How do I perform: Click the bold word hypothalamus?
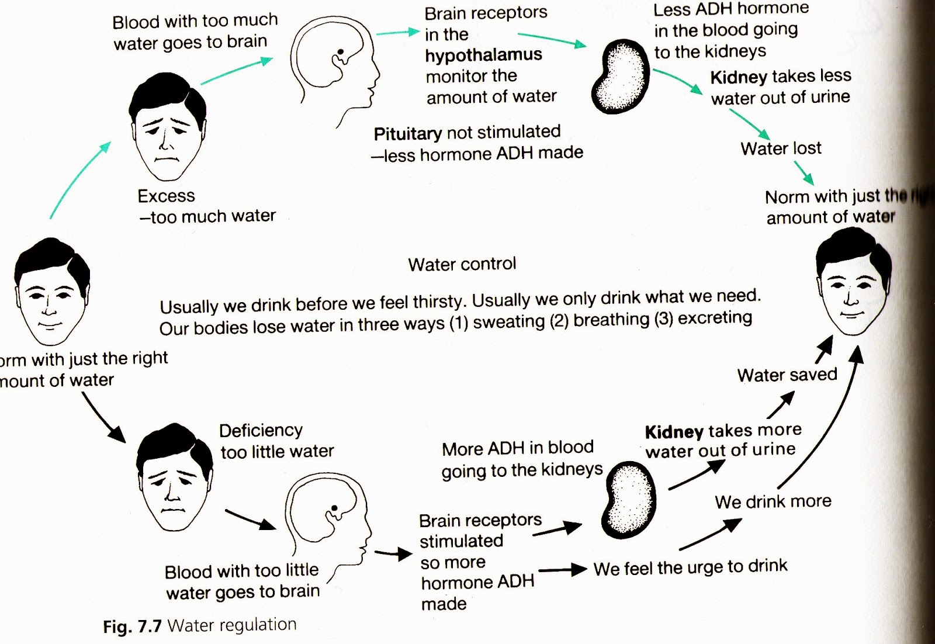click(483, 55)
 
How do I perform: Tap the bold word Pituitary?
click(407, 134)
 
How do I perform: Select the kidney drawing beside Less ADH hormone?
click(621, 76)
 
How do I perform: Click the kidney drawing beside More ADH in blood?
click(629, 500)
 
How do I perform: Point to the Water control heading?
click(462, 264)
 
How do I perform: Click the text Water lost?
click(781, 148)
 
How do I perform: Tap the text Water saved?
click(787, 375)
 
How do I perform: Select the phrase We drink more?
click(773, 501)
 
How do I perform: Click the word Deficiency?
click(261, 431)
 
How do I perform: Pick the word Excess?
click(166, 196)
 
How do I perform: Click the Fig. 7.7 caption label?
click(132, 626)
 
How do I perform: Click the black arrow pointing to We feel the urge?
click(562, 569)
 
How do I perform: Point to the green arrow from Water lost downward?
click(804, 173)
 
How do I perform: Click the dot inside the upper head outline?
click(341, 52)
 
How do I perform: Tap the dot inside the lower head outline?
click(334, 508)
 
